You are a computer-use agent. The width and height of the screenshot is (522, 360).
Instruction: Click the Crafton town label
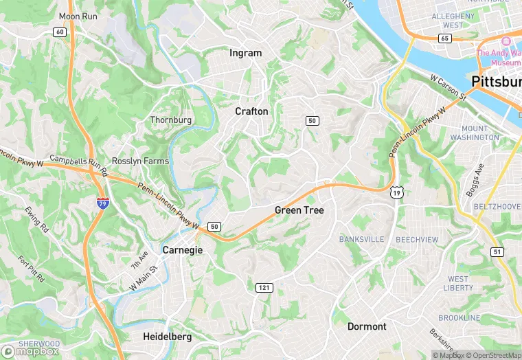[251, 111]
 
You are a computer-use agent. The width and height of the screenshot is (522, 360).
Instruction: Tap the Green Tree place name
[299, 210]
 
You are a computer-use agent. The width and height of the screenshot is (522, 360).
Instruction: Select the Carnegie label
[182, 250]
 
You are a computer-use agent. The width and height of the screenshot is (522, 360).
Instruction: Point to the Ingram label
[246, 53]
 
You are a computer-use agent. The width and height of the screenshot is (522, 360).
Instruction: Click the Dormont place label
[367, 326]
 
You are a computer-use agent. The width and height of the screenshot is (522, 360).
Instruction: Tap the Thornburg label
[171, 120]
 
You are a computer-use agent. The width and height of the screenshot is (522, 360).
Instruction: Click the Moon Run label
[78, 16]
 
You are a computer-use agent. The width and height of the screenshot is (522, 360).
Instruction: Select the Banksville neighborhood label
[362, 239]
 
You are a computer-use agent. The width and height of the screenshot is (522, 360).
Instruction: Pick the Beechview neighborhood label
[417, 239]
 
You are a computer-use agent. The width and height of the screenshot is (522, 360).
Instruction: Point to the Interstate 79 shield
[102, 203]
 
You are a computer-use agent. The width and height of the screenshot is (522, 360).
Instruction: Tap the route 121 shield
[264, 287]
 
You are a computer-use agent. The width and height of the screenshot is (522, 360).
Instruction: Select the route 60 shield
[60, 32]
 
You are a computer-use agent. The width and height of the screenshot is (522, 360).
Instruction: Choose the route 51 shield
[497, 252]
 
